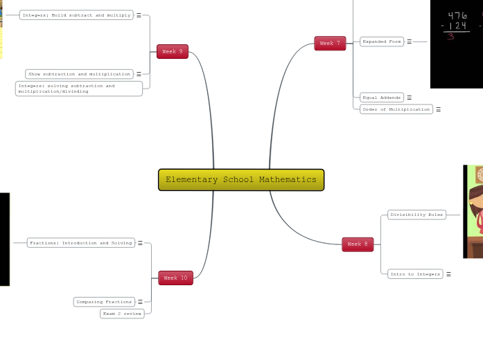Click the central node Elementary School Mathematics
[x=241, y=180]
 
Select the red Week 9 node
[x=173, y=52]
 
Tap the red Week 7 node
[x=330, y=44]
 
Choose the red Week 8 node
[x=358, y=244]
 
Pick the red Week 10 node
[x=175, y=278]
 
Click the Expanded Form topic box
[x=382, y=42]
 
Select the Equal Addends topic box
[x=382, y=98]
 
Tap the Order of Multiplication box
[x=396, y=109]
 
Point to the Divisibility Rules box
[x=416, y=215]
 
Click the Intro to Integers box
[x=415, y=274]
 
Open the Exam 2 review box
[x=123, y=314]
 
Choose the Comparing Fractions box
[x=104, y=302]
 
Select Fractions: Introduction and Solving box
[x=80, y=243]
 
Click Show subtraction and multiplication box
[x=79, y=74]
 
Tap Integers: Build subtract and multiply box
[x=76, y=15]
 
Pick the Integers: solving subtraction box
[x=78, y=89]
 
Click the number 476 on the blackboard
[x=457, y=16]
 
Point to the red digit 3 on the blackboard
[x=450, y=37]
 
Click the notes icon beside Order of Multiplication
[x=438, y=109]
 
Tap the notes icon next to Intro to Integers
[x=448, y=274]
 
